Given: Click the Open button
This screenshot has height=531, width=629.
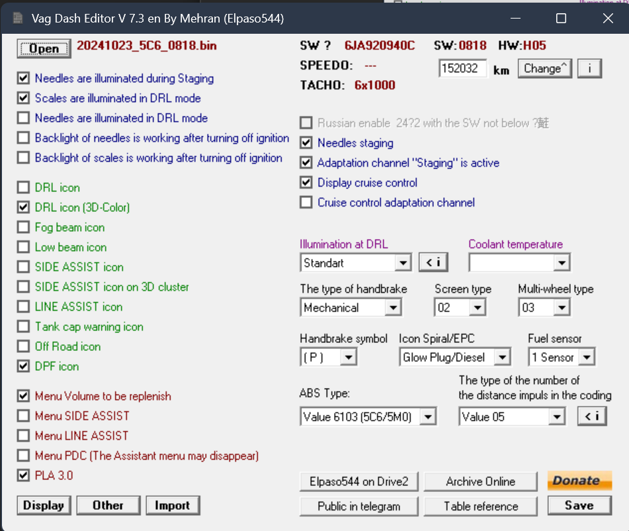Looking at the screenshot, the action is [44, 48].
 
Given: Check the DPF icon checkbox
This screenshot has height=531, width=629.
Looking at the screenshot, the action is [23, 366].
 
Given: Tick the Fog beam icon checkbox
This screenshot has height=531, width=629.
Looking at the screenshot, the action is [23, 227].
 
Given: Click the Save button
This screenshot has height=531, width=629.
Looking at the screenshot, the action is [579, 505].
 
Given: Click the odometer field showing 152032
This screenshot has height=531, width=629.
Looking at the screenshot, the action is [462, 68].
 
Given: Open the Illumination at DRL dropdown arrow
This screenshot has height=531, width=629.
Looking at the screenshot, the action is [403, 263].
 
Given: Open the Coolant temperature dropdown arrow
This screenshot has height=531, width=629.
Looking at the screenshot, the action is [562, 263].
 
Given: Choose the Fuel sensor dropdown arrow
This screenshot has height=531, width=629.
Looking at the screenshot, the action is [587, 357].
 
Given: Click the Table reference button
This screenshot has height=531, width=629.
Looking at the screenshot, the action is [481, 506].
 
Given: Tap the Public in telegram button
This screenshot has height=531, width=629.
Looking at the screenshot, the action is [358, 506].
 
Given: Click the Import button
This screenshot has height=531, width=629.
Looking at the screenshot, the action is [173, 505].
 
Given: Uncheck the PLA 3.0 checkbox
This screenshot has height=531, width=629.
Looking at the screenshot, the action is [23, 475].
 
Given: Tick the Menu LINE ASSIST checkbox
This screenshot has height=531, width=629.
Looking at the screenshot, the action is [23, 436].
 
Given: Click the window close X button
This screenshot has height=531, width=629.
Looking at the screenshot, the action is [608, 18].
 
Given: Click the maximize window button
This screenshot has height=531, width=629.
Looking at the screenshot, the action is [562, 18].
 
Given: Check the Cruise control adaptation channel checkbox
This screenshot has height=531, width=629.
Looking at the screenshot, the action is [306, 202].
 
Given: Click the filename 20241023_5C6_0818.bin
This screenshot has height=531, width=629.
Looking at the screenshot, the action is [147, 46].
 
